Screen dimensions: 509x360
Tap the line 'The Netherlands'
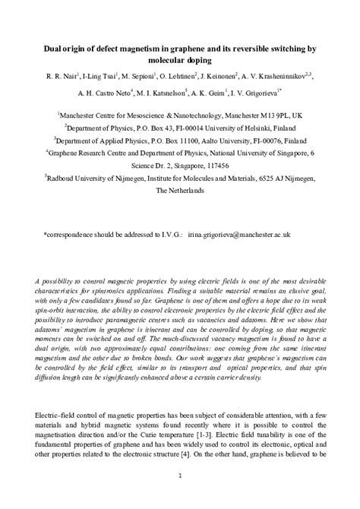pyautogui.click(x=180, y=192)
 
